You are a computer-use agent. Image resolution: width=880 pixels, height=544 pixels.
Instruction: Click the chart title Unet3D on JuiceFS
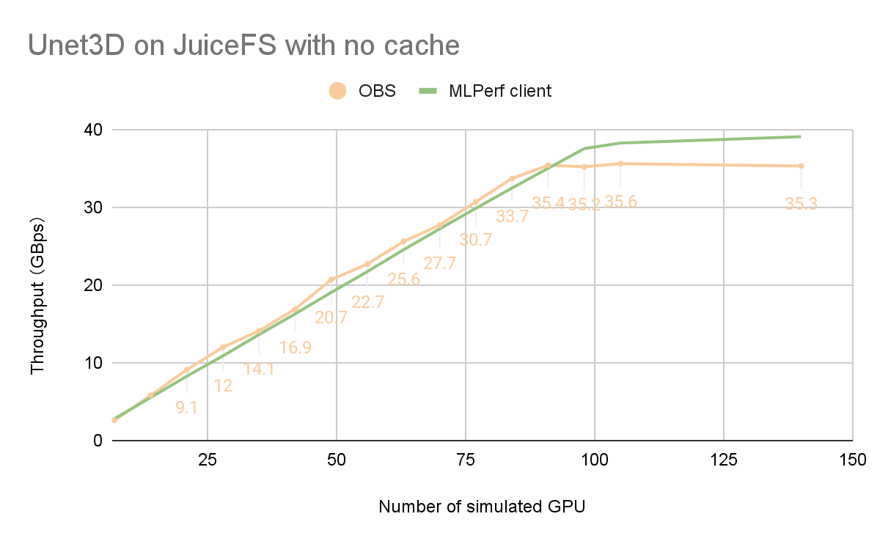tap(243, 45)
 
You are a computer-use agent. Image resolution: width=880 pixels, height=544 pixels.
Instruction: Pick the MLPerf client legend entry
tap(485, 92)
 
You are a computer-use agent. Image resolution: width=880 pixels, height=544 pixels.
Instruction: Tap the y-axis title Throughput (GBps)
tap(37, 295)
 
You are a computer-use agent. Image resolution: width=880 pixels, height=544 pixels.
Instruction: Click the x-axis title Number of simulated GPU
tap(482, 507)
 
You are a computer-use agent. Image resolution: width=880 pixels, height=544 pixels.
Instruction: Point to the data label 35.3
tap(801, 205)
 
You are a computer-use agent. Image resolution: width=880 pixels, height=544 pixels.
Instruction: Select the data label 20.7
tap(331, 318)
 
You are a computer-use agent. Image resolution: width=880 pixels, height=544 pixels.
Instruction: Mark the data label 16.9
tap(295, 348)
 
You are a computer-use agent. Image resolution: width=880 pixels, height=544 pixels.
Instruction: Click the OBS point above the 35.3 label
tap(801, 166)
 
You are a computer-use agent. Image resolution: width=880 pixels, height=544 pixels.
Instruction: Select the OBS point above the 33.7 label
tap(512, 178)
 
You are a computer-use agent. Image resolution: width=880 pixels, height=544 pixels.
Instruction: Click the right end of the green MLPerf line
tap(800, 136)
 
